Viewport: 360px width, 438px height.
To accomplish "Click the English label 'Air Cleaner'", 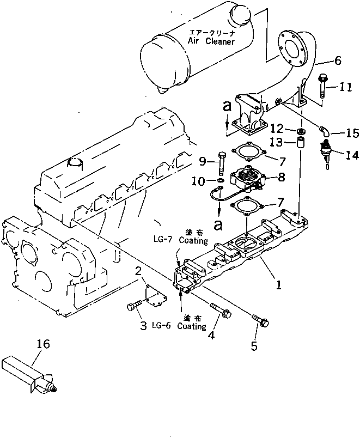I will pyautogui.click(x=211, y=41).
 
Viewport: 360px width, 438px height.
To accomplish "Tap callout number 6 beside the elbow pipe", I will pyautogui.click(x=338, y=61).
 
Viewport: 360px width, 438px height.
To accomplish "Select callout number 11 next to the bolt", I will pyautogui.click(x=346, y=86).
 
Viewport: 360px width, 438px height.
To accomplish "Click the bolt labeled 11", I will pyautogui.click(x=322, y=86).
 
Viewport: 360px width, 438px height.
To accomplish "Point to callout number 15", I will pyautogui.click(x=352, y=132).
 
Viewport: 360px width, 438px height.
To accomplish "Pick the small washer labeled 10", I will pyautogui.click(x=221, y=180).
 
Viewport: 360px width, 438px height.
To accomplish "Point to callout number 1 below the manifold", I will pyautogui.click(x=278, y=285).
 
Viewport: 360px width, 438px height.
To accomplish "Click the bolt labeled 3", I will pyautogui.click(x=133, y=307).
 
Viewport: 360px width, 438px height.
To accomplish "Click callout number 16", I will pyautogui.click(x=44, y=344).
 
